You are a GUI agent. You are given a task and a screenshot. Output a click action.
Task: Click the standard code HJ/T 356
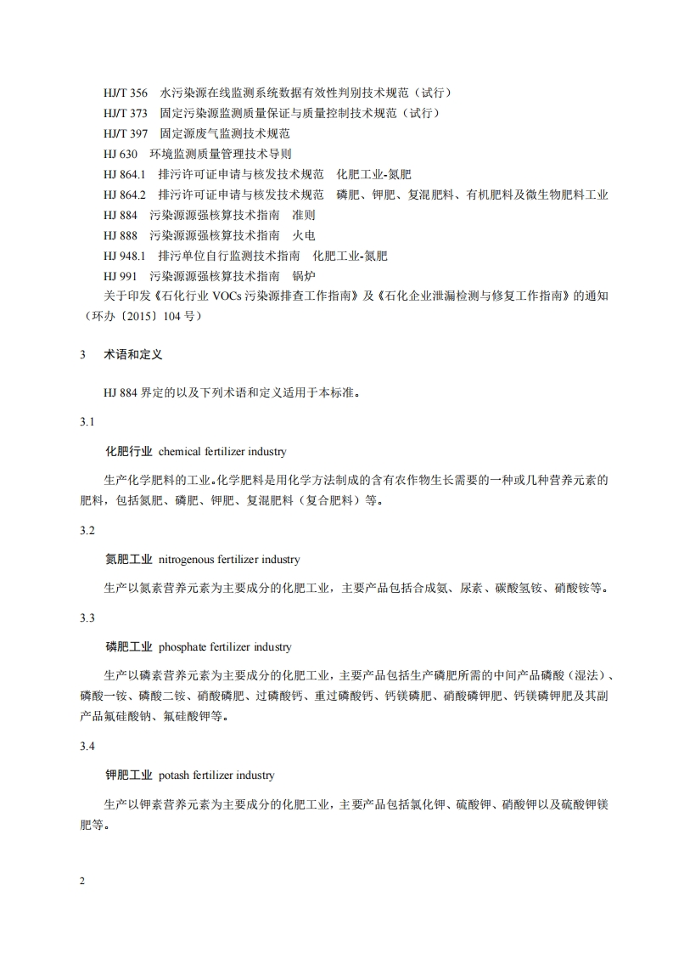point(126,93)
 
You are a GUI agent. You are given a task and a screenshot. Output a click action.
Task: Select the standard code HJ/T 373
point(126,113)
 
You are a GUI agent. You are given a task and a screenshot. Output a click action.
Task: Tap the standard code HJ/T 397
point(126,133)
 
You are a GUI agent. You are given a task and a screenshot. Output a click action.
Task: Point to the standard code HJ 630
point(121,154)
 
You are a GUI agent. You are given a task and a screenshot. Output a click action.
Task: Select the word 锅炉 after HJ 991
point(303,276)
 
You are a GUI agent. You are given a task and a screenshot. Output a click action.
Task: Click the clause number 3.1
point(87,422)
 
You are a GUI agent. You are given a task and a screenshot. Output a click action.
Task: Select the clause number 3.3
point(87,617)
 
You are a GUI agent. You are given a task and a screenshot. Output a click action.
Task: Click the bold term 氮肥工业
point(128,560)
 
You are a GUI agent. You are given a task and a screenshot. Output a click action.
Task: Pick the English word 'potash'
point(175,775)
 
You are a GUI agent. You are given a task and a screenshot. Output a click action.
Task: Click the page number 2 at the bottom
point(82,881)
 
